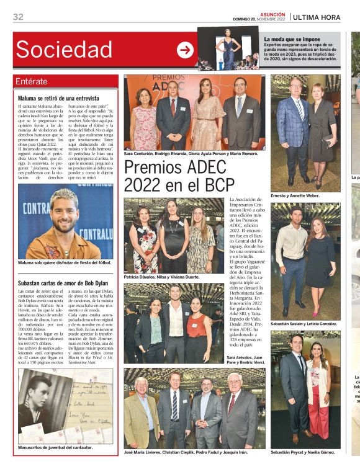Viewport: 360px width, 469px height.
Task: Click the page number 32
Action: (18, 17)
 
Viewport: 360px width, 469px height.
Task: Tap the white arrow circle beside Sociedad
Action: (185, 50)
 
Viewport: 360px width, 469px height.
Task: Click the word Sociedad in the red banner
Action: (64, 50)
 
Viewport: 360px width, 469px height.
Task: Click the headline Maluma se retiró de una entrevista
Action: (58, 98)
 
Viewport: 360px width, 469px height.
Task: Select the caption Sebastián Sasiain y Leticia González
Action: (304, 324)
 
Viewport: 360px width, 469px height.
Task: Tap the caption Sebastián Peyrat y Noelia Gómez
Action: (304, 452)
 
